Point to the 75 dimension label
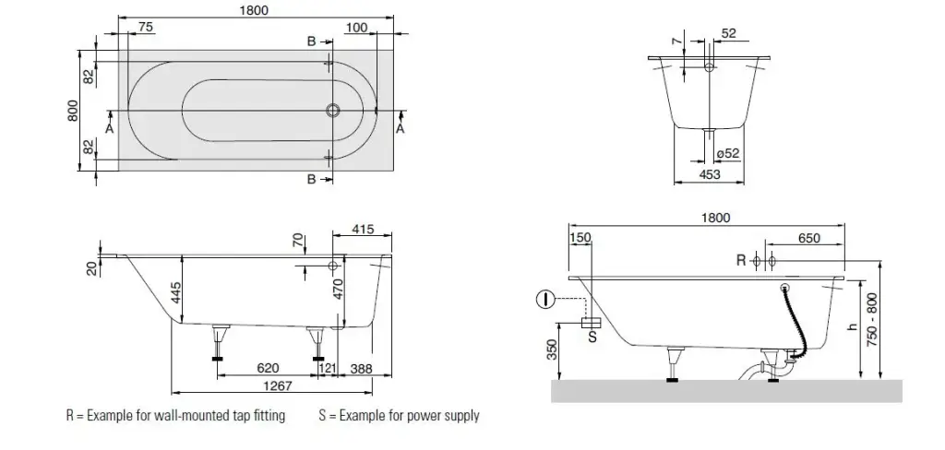coord(145,28)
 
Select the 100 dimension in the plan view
coord(356,28)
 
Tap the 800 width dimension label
coord(73,111)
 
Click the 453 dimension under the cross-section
coord(709,174)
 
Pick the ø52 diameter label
coord(728,154)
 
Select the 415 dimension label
coord(363,230)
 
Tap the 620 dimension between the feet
coord(268,368)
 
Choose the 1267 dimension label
coord(280,386)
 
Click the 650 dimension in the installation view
coord(808,238)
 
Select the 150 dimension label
coord(580,238)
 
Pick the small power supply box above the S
coord(592,322)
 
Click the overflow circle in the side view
coord(332,266)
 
